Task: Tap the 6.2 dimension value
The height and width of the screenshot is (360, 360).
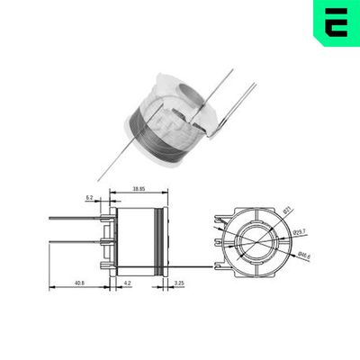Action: (x=91, y=197)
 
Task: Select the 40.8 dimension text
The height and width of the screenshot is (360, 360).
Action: (x=79, y=284)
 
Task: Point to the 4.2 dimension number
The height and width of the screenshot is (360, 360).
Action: (x=128, y=284)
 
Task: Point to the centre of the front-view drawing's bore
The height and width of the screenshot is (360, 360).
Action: (x=256, y=241)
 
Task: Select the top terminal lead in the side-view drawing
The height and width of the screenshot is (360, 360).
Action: (x=76, y=217)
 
